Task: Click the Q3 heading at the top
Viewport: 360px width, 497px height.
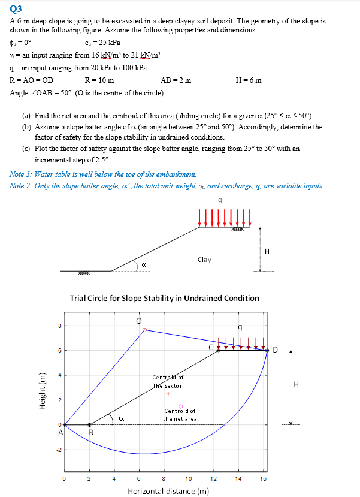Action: (x=16, y=9)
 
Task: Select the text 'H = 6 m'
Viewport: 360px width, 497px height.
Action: (x=249, y=80)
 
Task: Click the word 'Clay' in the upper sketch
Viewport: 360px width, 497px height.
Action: (x=204, y=260)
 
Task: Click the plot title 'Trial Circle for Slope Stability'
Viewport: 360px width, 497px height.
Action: (x=165, y=298)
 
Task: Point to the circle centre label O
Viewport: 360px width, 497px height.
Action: (x=140, y=321)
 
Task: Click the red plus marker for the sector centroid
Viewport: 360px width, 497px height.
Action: (x=168, y=394)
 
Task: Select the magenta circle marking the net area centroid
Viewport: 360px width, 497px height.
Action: (x=180, y=406)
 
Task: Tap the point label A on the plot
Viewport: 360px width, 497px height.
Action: (x=60, y=432)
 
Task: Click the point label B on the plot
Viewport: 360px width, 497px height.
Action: (x=91, y=432)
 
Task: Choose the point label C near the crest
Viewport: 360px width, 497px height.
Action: (x=210, y=347)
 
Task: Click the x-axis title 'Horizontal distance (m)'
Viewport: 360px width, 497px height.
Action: (x=168, y=491)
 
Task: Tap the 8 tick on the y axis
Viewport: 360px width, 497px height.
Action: (x=59, y=326)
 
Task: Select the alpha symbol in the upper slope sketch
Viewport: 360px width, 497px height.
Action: (x=144, y=264)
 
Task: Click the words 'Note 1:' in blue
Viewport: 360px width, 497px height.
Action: (x=22, y=174)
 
